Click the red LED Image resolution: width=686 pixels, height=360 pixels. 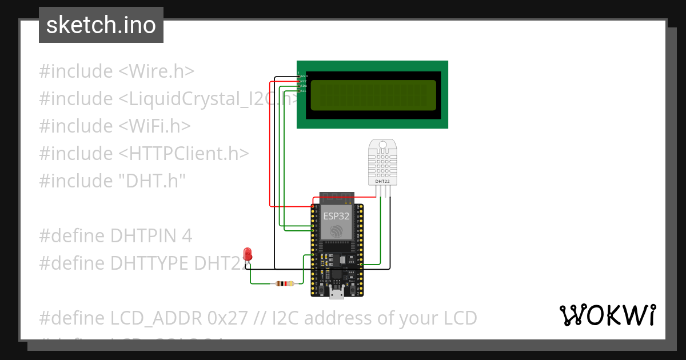[x=248, y=254]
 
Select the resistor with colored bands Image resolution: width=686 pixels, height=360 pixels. [x=284, y=283]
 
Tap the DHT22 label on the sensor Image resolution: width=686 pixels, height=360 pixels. [x=382, y=182]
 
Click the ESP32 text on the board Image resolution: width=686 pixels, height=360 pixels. [x=337, y=216]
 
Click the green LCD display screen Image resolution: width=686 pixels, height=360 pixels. [x=373, y=95]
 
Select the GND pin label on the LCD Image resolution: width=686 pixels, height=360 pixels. [x=304, y=76]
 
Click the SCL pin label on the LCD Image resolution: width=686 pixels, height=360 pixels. [x=304, y=91]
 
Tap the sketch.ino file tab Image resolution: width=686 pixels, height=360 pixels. [x=101, y=25]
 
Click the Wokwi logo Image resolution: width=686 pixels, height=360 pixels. [x=607, y=315]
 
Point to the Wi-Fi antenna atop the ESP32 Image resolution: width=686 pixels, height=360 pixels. [x=337, y=198]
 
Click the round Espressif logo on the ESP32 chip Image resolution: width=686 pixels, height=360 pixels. [x=337, y=231]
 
